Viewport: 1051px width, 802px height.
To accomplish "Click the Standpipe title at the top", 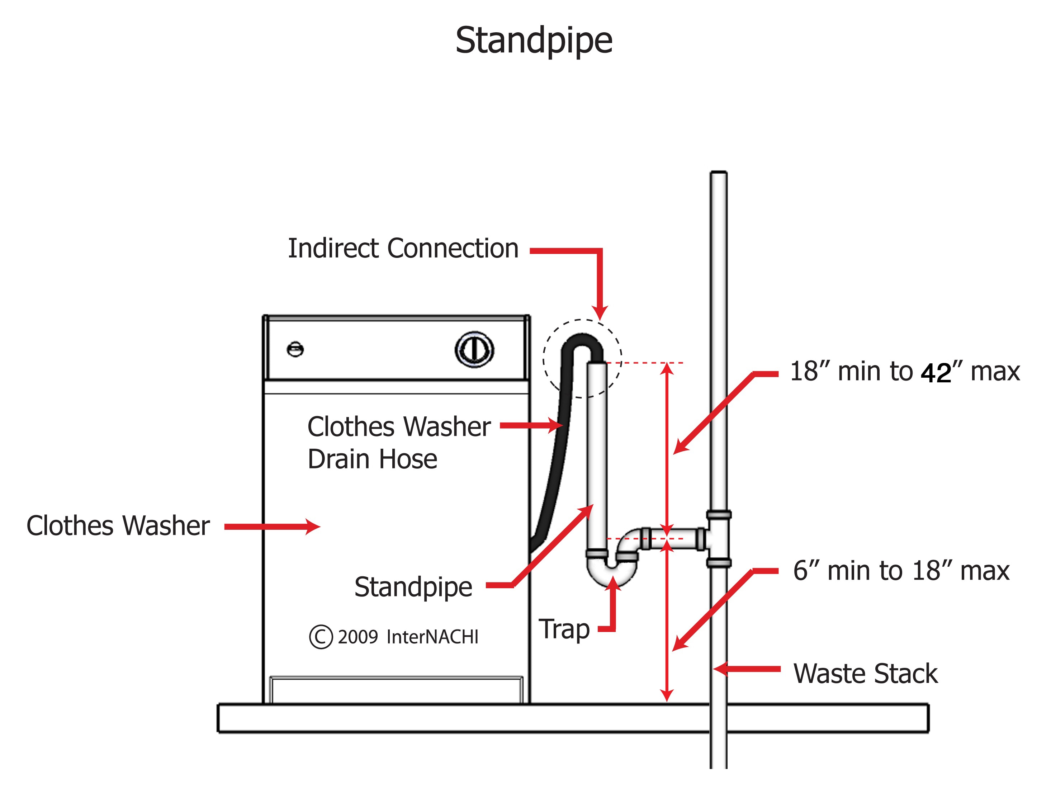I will [x=534, y=41].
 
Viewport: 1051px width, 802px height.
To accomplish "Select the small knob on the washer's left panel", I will [x=295, y=349].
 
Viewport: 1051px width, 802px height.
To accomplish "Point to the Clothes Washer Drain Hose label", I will [x=398, y=443].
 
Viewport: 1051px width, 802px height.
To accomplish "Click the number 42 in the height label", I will [x=936, y=373].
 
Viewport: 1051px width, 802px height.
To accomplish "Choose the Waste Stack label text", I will [x=865, y=674].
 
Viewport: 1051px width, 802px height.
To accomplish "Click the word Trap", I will [x=564, y=629].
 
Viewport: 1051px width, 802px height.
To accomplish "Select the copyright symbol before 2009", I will [x=320, y=637].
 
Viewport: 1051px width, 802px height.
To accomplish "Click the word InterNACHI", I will [x=432, y=637].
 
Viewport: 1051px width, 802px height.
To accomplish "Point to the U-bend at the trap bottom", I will [x=611, y=575].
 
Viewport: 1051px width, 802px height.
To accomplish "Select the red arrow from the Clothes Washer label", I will [x=272, y=527].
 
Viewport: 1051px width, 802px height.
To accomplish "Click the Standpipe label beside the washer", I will [x=413, y=587].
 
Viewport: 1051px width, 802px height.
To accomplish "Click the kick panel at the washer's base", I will [x=396, y=690].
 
